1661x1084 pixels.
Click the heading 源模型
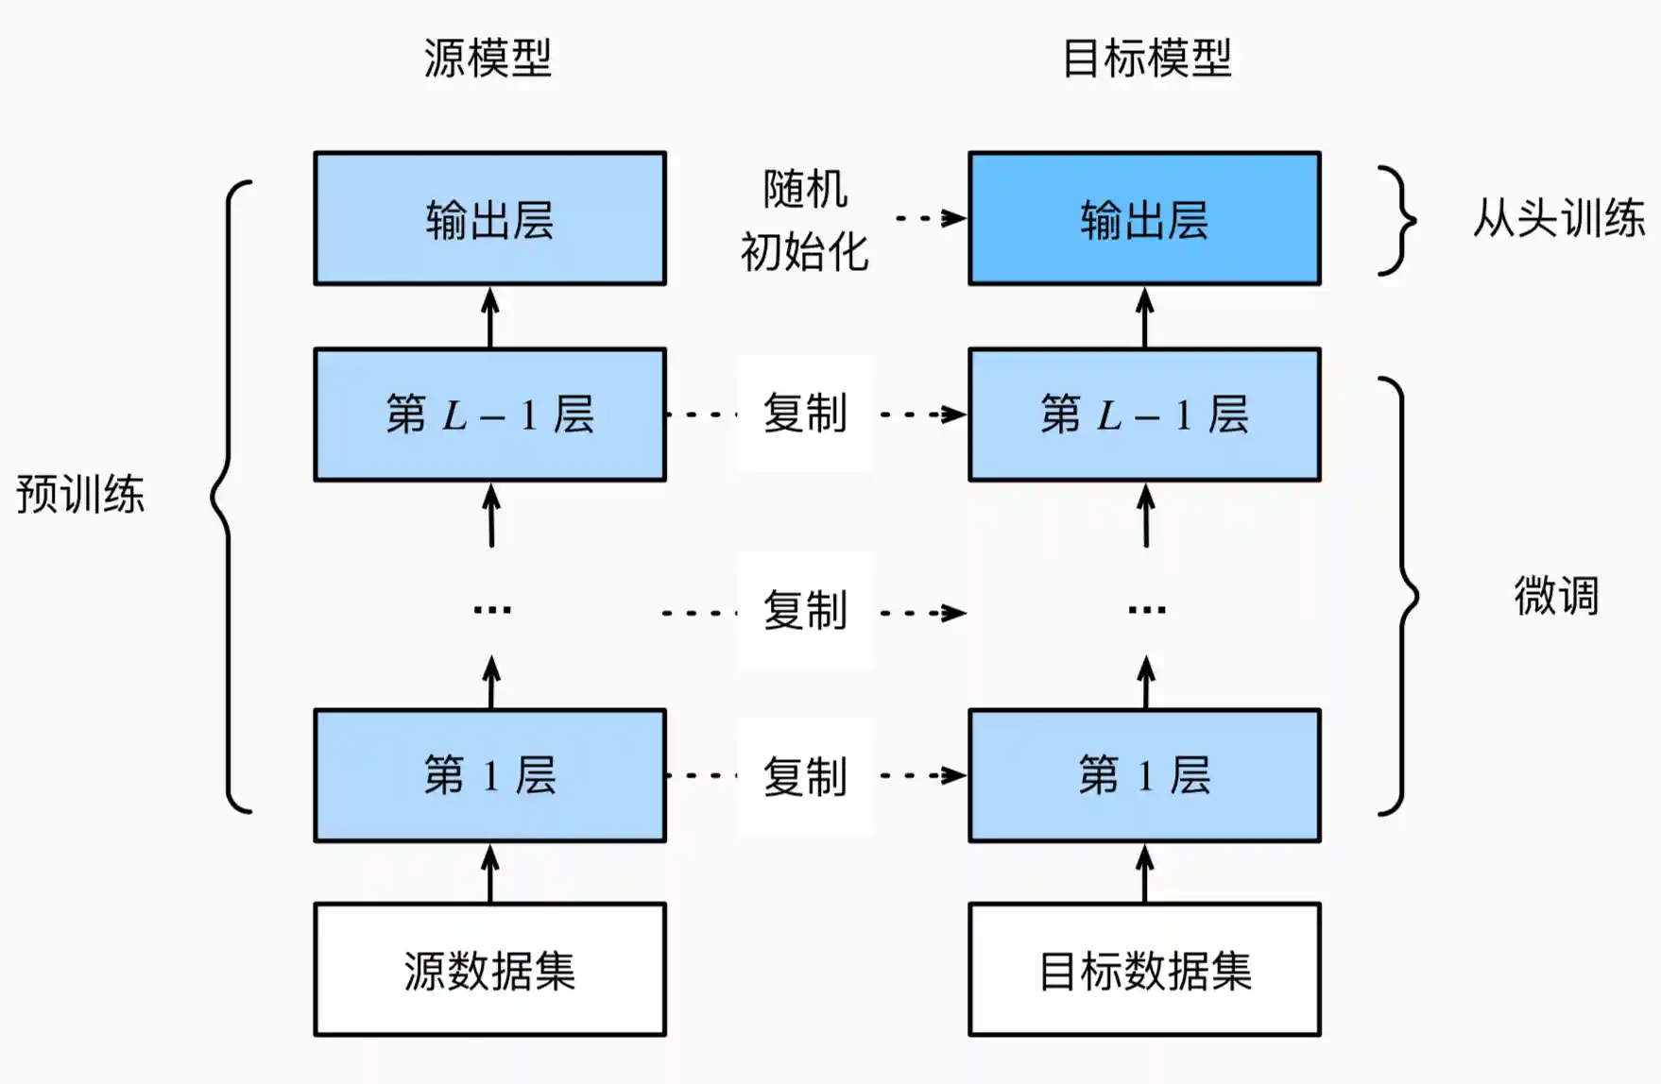click(x=488, y=59)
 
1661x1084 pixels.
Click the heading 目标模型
click(x=1146, y=59)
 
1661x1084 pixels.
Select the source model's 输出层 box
click(x=489, y=218)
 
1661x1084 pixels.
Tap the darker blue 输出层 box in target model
click(x=1144, y=218)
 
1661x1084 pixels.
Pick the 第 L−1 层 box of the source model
click(x=489, y=415)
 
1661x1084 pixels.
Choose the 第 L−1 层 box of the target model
click(x=1144, y=415)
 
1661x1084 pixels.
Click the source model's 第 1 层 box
click(x=489, y=775)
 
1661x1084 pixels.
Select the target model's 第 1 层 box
click(x=1144, y=775)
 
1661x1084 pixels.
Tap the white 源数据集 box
click(x=489, y=970)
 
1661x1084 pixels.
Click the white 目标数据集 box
click(x=1144, y=970)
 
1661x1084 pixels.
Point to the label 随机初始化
click(x=804, y=220)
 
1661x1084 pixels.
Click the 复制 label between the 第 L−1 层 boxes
click(x=804, y=415)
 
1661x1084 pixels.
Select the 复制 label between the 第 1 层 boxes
click(x=804, y=776)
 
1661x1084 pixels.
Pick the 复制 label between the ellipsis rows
click(x=804, y=611)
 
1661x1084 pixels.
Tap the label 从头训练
click(x=1558, y=218)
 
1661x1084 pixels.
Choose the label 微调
click(x=1556, y=596)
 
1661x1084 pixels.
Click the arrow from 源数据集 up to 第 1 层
click(x=489, y=872)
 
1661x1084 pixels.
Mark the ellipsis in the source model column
click(x=492, y=610)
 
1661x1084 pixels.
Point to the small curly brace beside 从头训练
click(x=1397, y=220)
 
